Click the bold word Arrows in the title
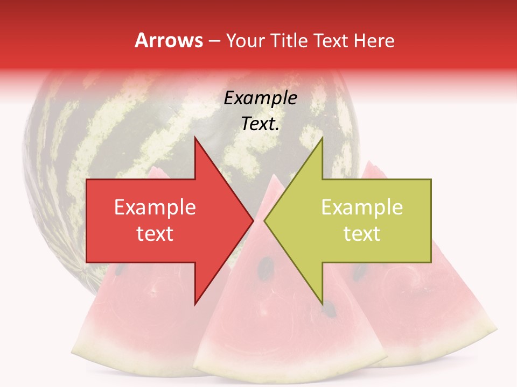(169, 40)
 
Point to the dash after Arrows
(214, 41)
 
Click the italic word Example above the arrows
(260, 98)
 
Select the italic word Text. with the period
(260, 124)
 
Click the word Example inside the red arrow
(155, 207)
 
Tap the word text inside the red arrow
(155, 234)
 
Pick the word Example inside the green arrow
(362, 207)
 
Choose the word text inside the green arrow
(362, 234)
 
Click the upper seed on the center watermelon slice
(266, 265)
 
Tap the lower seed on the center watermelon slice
(329, 309)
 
